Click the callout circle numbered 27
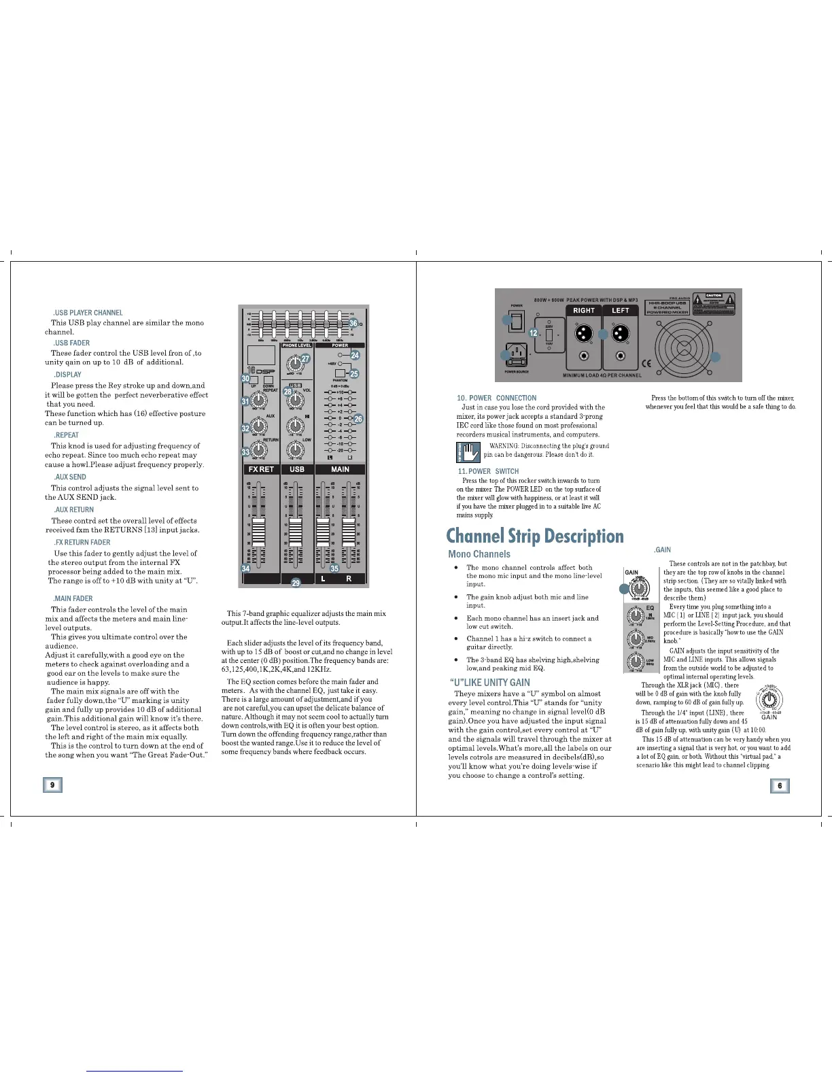pyautogui.click(x=306, y=359)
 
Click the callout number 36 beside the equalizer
pyautogui.click(x=353, y=323)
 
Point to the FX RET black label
pyautogui.click(x=261, y=469)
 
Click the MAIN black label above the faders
pyautogui.click(x=340, y=469)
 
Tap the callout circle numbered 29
pyautogui.click(x=296, y=583)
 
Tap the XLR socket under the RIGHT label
pyautogui.click(x=583, y=334)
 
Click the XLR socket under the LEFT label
pyautogui.click(x=621, y=334)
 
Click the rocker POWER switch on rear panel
pyautogui.click(x=517, y=324)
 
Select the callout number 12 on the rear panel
pyautogui.click(x=534, y=333)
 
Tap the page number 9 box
pyautogui.click(x=52, y=785)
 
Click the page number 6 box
pyautogui.click(x=780, y=786)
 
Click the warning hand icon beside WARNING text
pyautogui.click(x=468, y=451)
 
